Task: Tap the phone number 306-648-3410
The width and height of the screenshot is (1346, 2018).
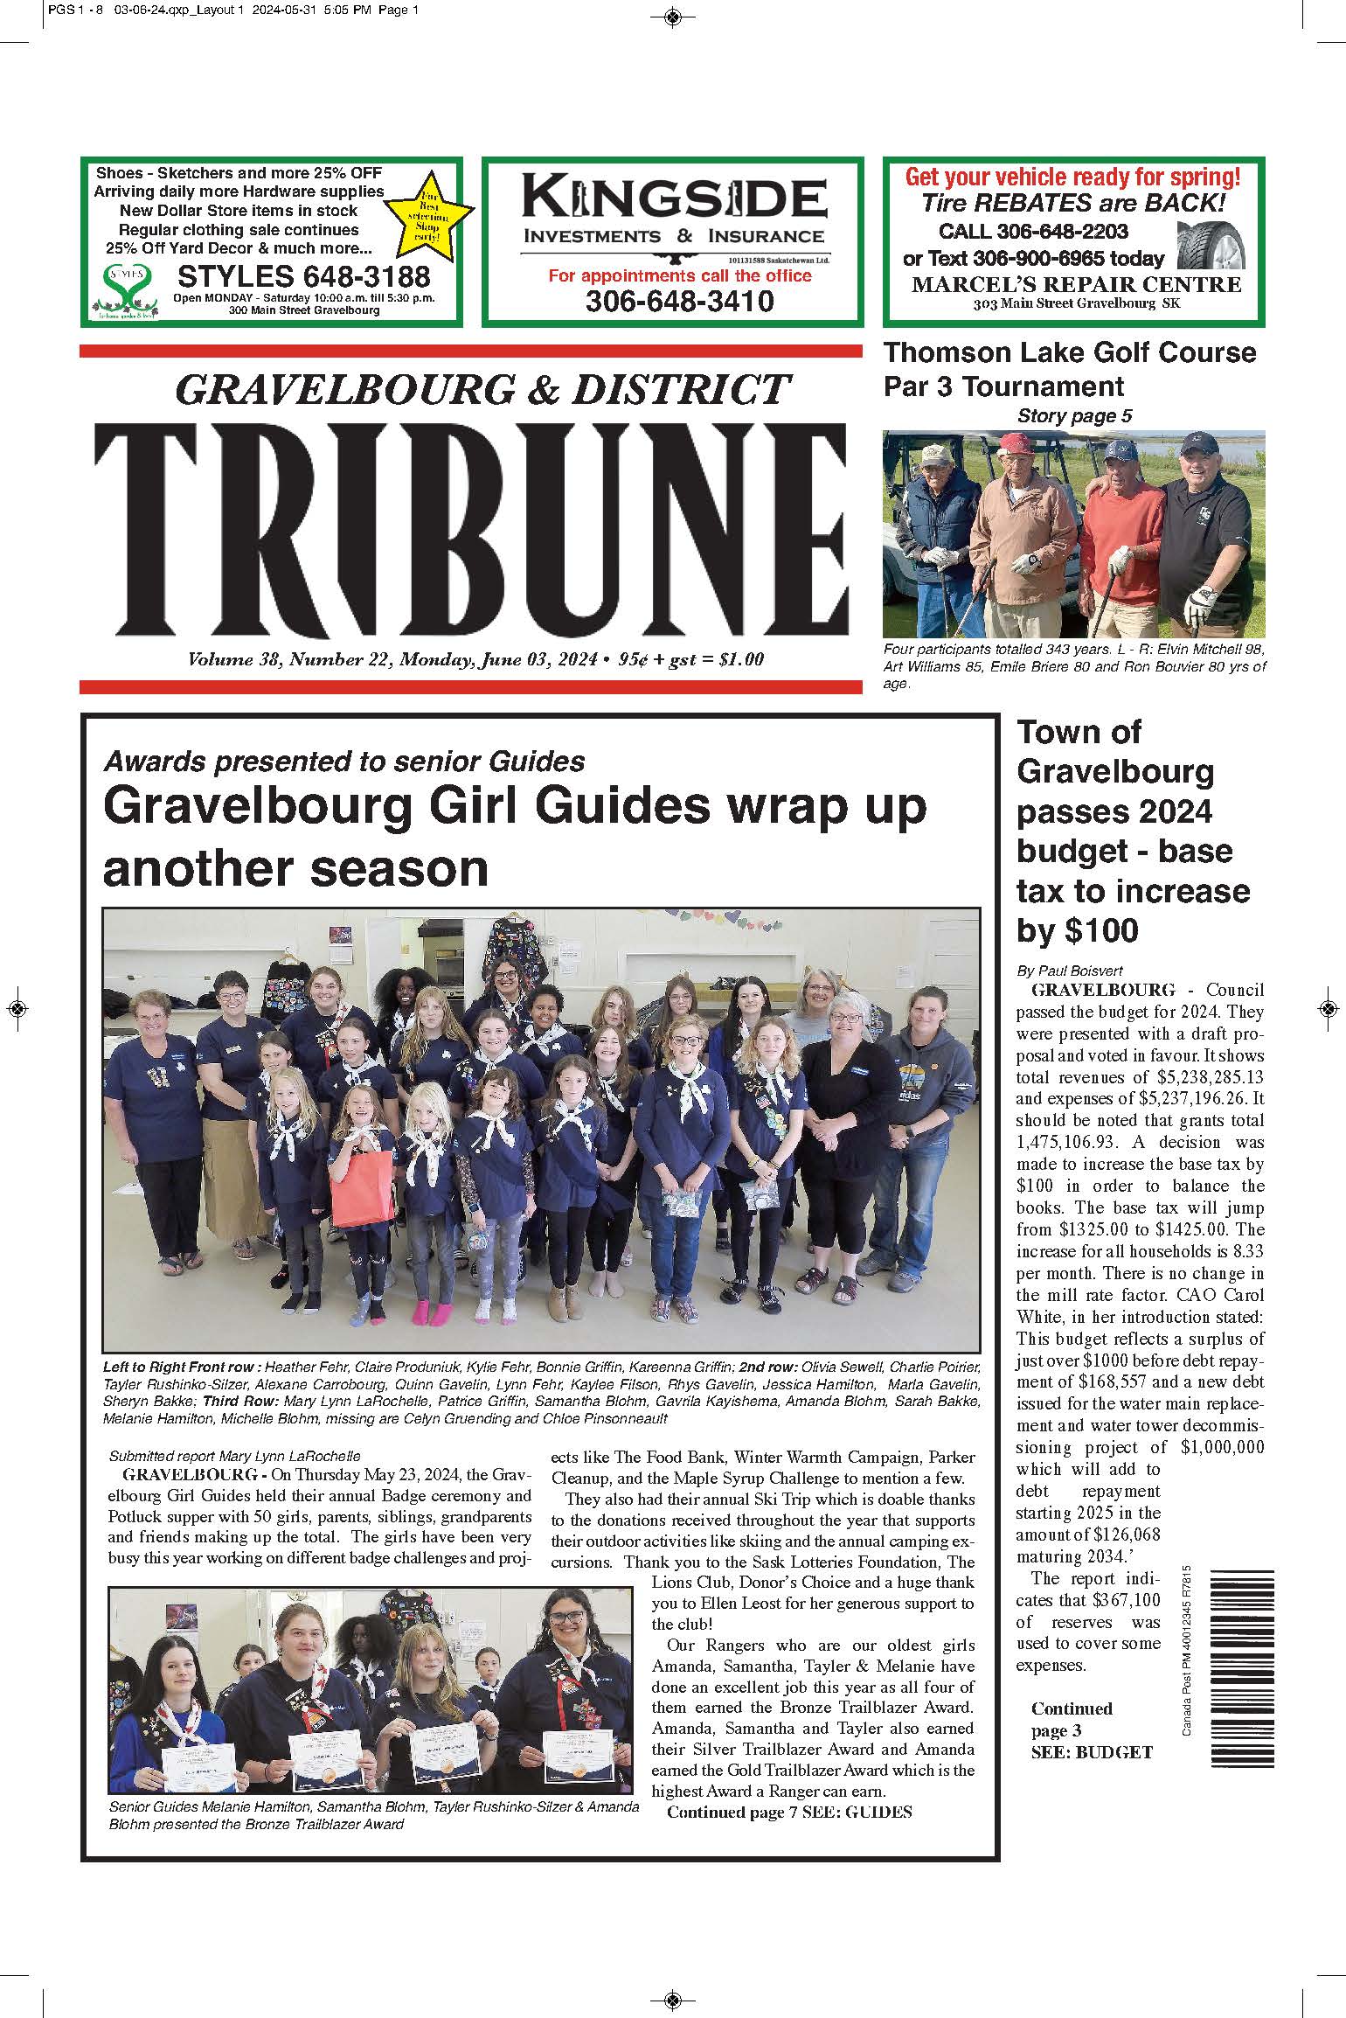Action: (679, 302)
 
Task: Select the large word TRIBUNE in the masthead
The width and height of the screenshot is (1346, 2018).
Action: (471, 530)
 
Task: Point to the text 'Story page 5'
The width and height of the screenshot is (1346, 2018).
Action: (1074, 416)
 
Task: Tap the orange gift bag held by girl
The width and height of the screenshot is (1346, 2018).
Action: (362, 1188)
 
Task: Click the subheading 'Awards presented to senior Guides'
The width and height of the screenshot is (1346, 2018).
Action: (344, 762)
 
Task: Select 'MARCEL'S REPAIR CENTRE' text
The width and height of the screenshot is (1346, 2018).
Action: (1076, 285)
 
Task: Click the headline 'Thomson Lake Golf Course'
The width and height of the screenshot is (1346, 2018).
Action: (1069, 353)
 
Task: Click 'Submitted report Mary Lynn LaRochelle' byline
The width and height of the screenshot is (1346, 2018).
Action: (234, 1457)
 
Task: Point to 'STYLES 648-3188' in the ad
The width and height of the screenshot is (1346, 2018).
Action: (303, 277)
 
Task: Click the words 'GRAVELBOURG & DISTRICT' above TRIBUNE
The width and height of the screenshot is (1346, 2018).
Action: (482, 389)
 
